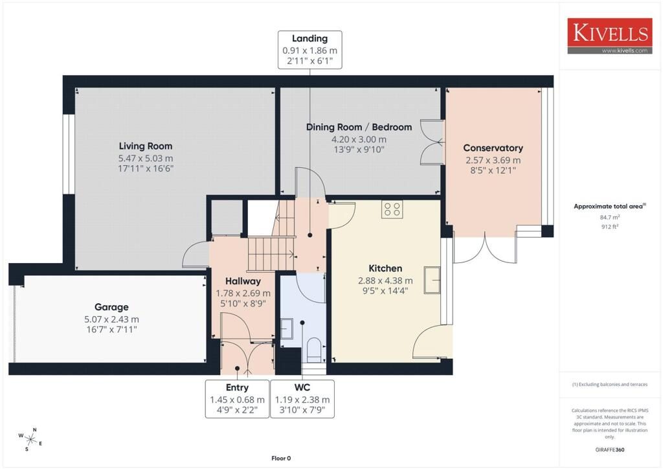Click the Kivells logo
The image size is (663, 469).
609,36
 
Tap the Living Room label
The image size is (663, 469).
146,146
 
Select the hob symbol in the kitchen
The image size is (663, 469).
392,209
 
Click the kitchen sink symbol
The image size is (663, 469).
432,280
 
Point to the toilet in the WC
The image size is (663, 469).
314,350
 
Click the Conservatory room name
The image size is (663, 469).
493,148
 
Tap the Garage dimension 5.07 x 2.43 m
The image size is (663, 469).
111,319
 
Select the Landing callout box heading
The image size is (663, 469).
310,38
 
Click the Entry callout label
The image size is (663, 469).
237,387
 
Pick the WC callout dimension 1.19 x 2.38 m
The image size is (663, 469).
302,400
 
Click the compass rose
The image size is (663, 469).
30,439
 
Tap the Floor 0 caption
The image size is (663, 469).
281,458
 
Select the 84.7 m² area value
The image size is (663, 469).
610,217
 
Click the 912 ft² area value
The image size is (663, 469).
610,226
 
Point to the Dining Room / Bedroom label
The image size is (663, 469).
359,128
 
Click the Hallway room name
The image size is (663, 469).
243,281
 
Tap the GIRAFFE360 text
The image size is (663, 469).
610,450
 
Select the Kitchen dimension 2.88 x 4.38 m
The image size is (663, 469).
385,280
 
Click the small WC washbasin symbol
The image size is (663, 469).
287,328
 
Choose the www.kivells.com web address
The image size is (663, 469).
625,51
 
